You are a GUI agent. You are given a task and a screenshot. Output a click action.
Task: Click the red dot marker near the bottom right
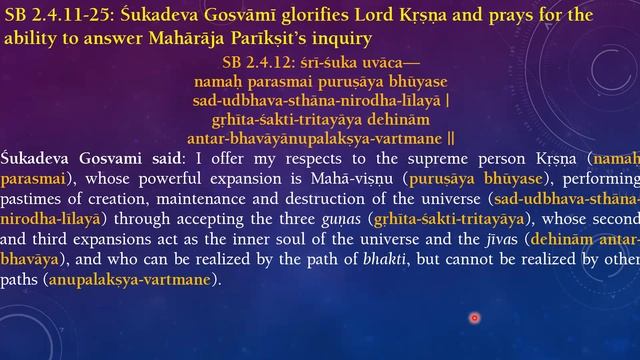[474, 318]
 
